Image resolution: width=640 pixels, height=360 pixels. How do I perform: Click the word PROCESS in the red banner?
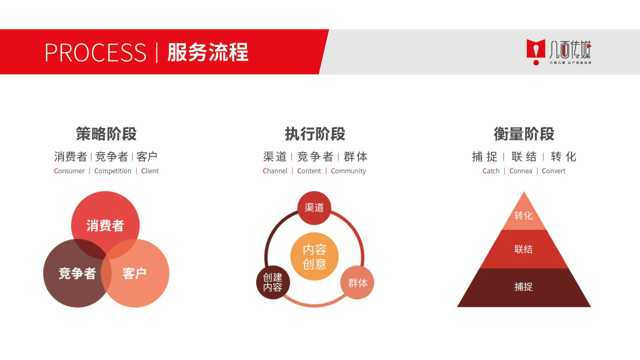pyautogui.click(x=95, y=52)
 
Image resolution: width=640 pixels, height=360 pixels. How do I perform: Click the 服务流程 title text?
pyautogui.click(x=207, y=52)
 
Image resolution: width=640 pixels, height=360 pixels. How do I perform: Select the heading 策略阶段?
pyautogui.click(x=106, y=134)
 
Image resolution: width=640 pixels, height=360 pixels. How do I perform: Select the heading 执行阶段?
pyautogui.click(x=315, y=134)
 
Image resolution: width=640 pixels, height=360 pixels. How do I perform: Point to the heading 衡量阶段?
pyautogui.click(x=524, y=134)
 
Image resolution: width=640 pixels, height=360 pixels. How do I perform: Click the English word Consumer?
pyautogui.click(x=69, y=171)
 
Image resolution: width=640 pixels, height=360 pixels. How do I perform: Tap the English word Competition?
pyautogui.click(x=113, y=171)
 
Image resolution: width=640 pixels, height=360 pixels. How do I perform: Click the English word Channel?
pyautogui.click(x=275, y=171)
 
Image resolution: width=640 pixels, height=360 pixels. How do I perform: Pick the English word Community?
pyautogui.click(x=348, y=171)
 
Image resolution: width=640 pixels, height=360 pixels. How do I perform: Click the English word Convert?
pyautogui.click(x=553, y=171)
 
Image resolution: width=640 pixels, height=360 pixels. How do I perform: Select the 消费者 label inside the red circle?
pyautogui.click(x=105, y=225)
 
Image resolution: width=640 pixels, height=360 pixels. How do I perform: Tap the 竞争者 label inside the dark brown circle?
pyautogui.click(x=77, y=273)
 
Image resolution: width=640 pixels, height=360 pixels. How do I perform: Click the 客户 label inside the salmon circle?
pyautogui.click(x=134, y=273)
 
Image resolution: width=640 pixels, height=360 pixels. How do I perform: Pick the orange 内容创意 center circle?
pyautogui.click(x=314, y=256)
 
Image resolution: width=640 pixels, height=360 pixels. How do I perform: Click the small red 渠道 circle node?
pyautogui.click(x=314, y=207)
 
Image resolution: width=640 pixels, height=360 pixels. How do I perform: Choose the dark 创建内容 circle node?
pyautogui.click(x=273, y=282)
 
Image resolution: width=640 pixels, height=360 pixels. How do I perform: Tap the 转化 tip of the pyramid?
pyautogui.click(x=523, y=215)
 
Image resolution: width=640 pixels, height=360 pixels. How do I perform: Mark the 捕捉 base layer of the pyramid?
pyautogui.click(x=523, y=287)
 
